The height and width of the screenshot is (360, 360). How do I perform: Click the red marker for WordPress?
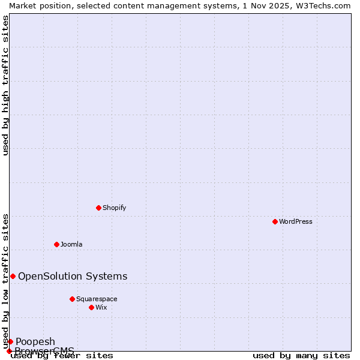[275, 221]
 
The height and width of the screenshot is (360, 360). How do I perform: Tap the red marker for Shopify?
[98, 208]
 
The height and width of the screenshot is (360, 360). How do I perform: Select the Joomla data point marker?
[56, 244]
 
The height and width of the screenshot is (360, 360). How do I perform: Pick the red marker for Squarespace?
[72, 299]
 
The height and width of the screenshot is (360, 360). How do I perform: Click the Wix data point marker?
[91, 307]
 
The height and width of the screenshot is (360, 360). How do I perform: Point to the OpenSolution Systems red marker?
[13, 276]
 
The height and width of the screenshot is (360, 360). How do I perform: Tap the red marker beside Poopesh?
[10, 341]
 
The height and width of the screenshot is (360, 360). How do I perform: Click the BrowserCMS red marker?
[9, 351]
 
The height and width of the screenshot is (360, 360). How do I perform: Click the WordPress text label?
[296, 221]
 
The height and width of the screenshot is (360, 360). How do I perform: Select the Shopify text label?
[114, 208]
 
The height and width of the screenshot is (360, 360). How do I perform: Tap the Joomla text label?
[71, 244]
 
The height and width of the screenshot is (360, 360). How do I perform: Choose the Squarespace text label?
[97, 299]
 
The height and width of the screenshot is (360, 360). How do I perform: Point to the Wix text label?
[101, 307]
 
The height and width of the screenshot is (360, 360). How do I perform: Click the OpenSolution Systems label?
[73, 276]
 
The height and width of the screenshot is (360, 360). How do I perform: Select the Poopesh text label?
[35, 341]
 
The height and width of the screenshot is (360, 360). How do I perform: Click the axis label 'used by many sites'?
[301, 356]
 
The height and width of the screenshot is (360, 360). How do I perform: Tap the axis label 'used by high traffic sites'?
[5, 85]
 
